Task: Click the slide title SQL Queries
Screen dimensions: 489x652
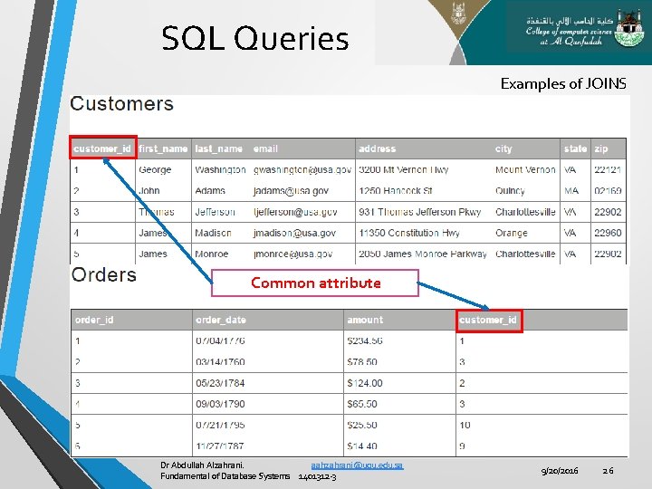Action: pyautogui.click(x=254, y=39)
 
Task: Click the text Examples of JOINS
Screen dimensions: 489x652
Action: pyautogui.click(x=562, y=83)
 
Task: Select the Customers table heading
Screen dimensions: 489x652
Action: pyautogui.click(x=121, y=103)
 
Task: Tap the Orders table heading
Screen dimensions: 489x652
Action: pyautogui.click(x=103, y=274)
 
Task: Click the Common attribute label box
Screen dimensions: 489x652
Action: pyautogui.click(x=315, y=283)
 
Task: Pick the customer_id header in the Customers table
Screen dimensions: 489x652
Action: pyautogui.click(x=103, y=149)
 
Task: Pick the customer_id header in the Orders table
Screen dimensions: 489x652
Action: pyautogui.click(x=489, y=320)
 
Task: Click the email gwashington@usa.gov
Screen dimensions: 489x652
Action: pyautogui.click(x=302, y=170)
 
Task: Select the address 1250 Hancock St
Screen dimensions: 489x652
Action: pyautogui.click(x=395, y=191)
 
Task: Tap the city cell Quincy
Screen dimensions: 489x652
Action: pyautogui.click(x=510, y=191)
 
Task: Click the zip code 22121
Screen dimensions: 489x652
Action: pyautogui.click(x=607, y=170)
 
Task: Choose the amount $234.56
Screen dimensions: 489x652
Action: pyautogui.click(x=364, y=341)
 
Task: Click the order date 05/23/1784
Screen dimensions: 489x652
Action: pyautogui.click(x=220, y=383)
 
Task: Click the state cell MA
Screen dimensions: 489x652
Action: pyautogui.click(x=571, y=191)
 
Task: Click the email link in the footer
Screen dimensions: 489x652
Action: pyautogui.click(x=357, y=465)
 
